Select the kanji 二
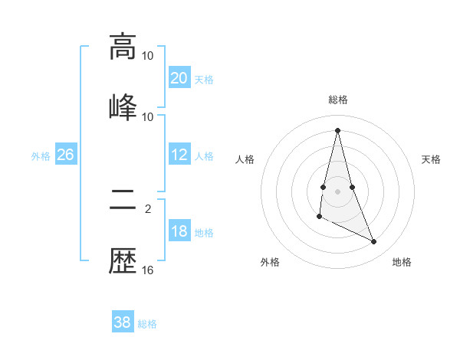[x=123, y=202]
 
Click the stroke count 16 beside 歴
[x=148, y=270]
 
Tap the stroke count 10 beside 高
[x=148, y=56]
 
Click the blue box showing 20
[x=179, y=77]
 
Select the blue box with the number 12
[x=179, y=155]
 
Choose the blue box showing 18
[x=179, y=231]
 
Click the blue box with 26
[x=65, y=155]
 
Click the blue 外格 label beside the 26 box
[x=41, y=156]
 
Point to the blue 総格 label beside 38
[x=147, y=324]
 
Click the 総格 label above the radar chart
[x=338, y=100]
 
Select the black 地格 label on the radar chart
[x=402, y=263]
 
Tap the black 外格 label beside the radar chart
[x=270, y=263]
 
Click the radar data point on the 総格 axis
[x=337, y=129]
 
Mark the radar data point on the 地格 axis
[x=374, y=242]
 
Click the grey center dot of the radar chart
[x=337, y=191]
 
